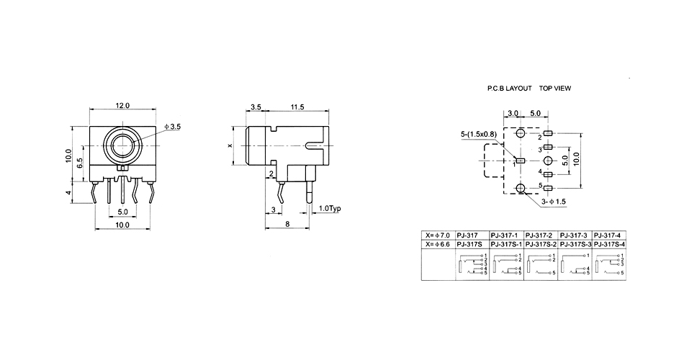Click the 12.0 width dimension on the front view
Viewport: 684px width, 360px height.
click(122, 106)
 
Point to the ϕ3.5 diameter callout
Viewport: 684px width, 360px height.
click(173, 127)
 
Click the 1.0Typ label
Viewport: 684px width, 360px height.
click(329, 209)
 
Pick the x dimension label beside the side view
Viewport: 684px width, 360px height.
click(230, 145)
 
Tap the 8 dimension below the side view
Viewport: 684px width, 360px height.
click(287, 225)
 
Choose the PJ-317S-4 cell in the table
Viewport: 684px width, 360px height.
click(609, 244)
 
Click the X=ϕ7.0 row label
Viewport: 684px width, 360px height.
click(438, 235)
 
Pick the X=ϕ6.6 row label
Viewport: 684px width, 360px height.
click(438, 244)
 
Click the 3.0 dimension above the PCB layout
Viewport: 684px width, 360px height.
click(513, 113)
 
